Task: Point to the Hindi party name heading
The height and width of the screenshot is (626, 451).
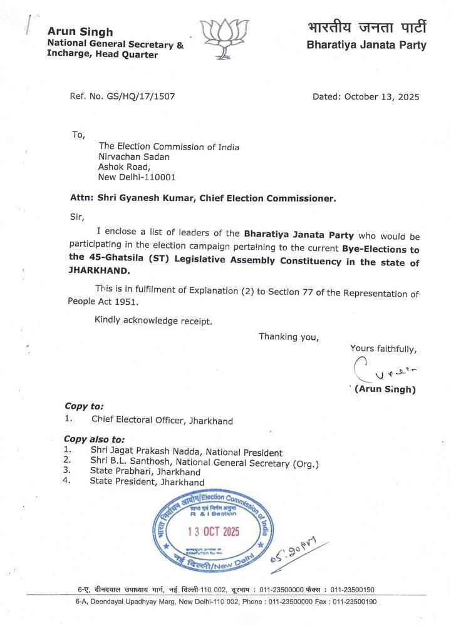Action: (x=366, y=28)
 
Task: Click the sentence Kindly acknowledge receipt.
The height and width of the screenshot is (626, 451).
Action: (x=153, y=321)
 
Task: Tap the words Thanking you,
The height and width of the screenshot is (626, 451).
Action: (x=289, y=337)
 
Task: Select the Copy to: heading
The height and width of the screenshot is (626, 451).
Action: (x=83, y=406)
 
